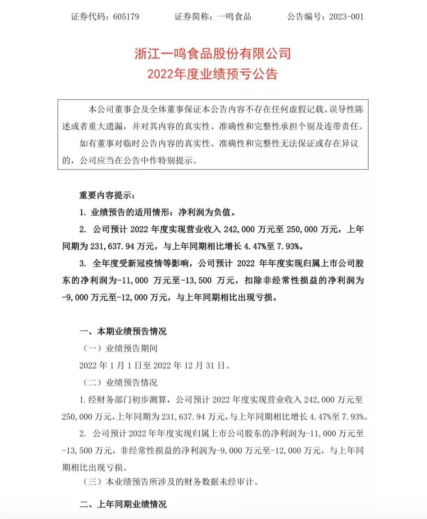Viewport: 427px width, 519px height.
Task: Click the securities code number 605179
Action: (x=126, y=17)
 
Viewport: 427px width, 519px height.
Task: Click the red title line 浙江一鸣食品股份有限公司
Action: (x=213, y=53)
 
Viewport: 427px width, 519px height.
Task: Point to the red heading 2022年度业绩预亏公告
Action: (x=213, y=74)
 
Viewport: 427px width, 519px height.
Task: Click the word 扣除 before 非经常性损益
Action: (x=253, y=280)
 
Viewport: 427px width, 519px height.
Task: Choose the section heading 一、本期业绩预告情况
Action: (x=123, y=331)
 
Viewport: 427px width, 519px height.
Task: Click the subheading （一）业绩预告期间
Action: (x=120, y=348)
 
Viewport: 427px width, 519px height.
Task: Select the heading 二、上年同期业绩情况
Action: (x=123, y=504)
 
